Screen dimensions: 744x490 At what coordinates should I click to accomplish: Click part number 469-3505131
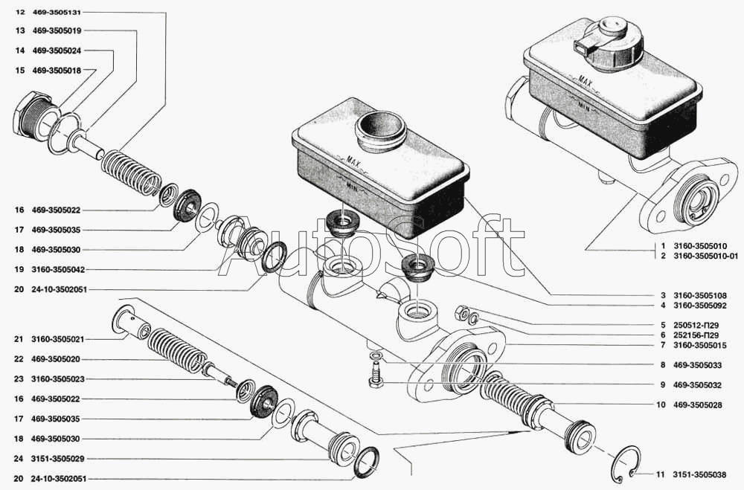pyautogui.click(x=57, y=13)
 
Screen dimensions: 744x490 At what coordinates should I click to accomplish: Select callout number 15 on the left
pyautogui.click(x=19, y=70)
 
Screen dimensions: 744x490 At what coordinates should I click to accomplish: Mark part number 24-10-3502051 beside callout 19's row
pyautogui.click(x=60, y=289)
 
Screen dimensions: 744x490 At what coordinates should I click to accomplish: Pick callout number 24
pyautogui.click(x=19, y=459)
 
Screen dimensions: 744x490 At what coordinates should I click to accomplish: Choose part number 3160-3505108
pyautogui.click(x=699, y=295)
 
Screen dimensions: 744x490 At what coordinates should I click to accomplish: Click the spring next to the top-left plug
pyautogui.click(x=132, y=173)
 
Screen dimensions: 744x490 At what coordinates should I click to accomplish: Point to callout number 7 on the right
pyautogui.click(x=662, y=345)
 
